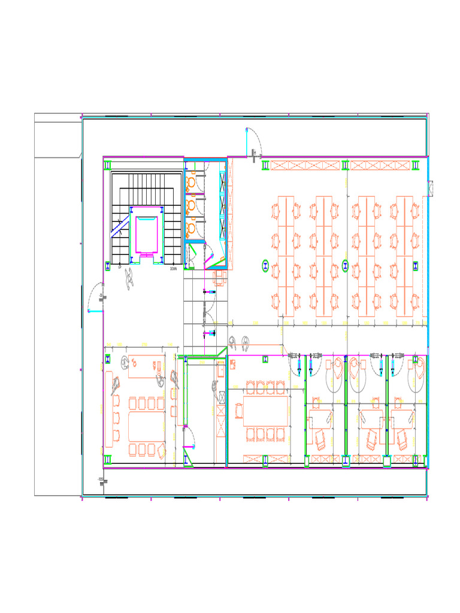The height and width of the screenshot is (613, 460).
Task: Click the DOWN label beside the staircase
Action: [x=173, y=269]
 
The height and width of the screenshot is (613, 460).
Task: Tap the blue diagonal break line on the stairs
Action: [x=119, y=230]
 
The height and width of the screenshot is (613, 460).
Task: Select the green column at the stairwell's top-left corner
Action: [x=108, y=165]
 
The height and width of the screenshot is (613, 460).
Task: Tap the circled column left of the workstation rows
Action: [x=265, y=266]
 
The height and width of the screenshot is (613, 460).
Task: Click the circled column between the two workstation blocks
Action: [x=345, y=266]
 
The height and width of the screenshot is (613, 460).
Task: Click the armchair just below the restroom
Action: [x=219, y=277]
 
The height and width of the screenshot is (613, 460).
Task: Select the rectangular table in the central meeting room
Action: [x=267, y=411]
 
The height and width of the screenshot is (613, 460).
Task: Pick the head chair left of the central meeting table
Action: [x=239, y=411]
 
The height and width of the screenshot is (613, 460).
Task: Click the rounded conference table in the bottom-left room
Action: [x=146, y=427]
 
